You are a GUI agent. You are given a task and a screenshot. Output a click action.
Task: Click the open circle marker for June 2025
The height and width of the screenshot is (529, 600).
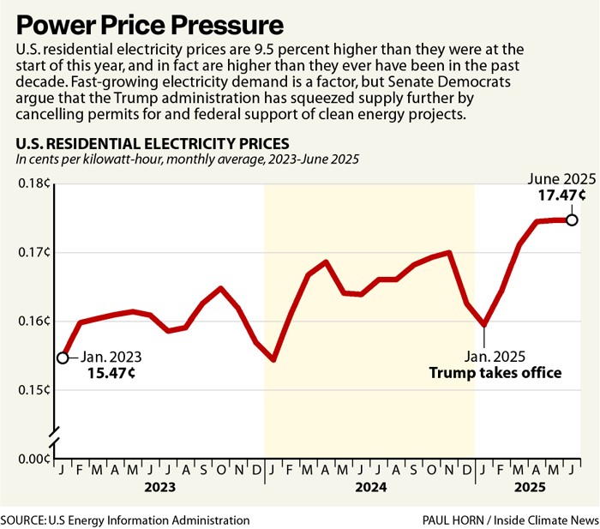click(572, 219)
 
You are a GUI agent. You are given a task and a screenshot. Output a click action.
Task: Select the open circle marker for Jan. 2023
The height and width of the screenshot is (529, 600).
click(62, 358)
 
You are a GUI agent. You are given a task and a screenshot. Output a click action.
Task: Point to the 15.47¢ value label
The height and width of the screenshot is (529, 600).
click(112, 374)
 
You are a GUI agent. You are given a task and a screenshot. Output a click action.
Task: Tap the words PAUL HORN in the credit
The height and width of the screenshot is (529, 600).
click(453, 520)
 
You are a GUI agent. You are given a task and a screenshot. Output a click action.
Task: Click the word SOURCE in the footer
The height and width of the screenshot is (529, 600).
click(28, 520)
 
